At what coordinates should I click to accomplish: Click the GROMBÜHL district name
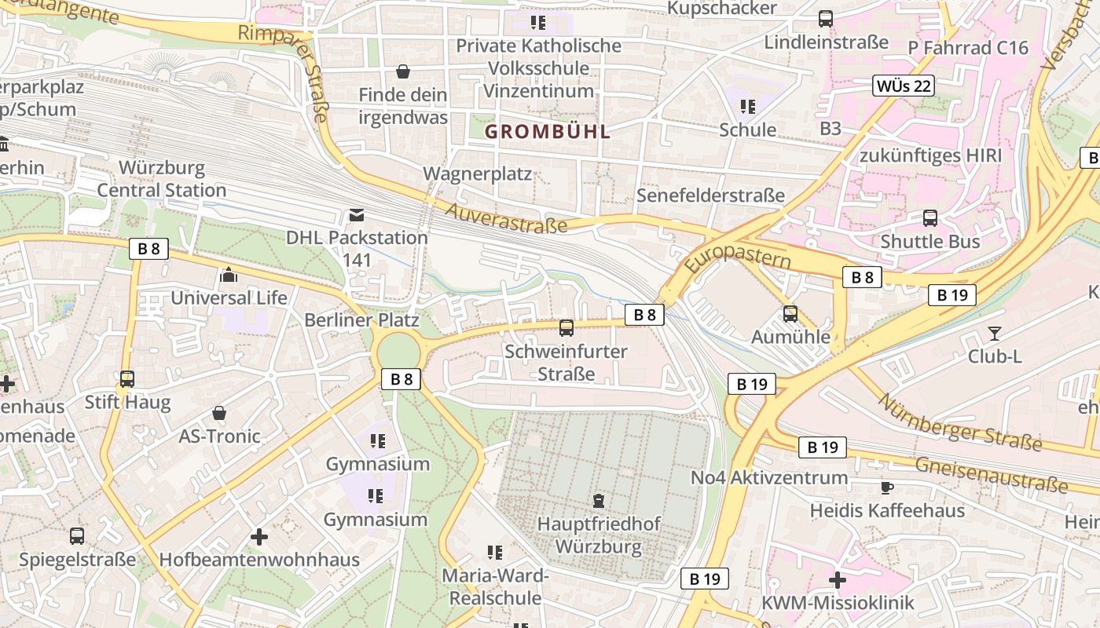pyautogui.click(x=547, y=132)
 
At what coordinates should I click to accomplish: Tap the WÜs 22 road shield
pyautogui.click(x=903, y=86)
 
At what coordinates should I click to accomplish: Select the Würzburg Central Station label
pyautogui.click(x=162, y=179)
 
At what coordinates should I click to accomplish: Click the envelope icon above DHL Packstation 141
pyautogui.click(x=357, y=215)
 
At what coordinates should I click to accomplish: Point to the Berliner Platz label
pyautogui.click(x=361, y=320)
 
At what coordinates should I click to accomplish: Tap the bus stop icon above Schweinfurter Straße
pyautogui.click(x=566, y=328)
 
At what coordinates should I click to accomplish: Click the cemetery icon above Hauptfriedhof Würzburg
pyautogui.click(x=599, y=501)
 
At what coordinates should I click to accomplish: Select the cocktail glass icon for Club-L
pyautogui.click(x=994, y=334)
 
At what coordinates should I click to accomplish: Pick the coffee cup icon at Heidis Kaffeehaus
pyautogui.click(x=887, y=488)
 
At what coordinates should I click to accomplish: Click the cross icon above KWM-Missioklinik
pyautogui.click(x=838, y=581)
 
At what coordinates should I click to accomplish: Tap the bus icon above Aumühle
pyautogui.click(x=790, y=314)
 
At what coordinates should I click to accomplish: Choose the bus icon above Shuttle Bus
pyautogui.click(x=930, y=218)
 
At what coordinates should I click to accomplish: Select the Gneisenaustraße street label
pyautogui.click(x=992, y=474)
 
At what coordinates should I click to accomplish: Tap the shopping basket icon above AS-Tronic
pyautogui.click(x=219, y=413)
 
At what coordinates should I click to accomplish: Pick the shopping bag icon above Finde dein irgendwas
pyautogui.click(x=403, y=72)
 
